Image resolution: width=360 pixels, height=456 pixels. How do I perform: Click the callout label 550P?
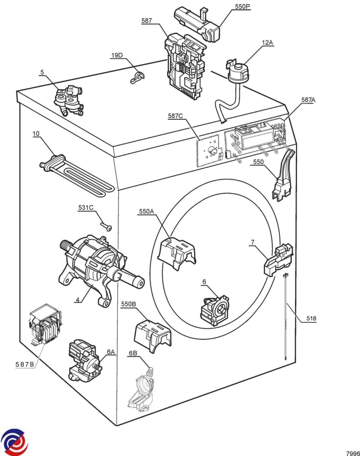click(242, 6)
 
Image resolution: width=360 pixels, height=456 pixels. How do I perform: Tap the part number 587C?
click(175, 116)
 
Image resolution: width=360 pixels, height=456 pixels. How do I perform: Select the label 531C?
click(85, 207)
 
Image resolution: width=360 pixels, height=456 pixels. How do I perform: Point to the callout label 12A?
click(267, 43)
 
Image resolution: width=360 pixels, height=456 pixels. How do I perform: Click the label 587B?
click(25, 364)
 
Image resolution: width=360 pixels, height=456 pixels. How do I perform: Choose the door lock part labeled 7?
click(279, 260)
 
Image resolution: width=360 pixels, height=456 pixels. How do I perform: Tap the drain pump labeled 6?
click(214, 310)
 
